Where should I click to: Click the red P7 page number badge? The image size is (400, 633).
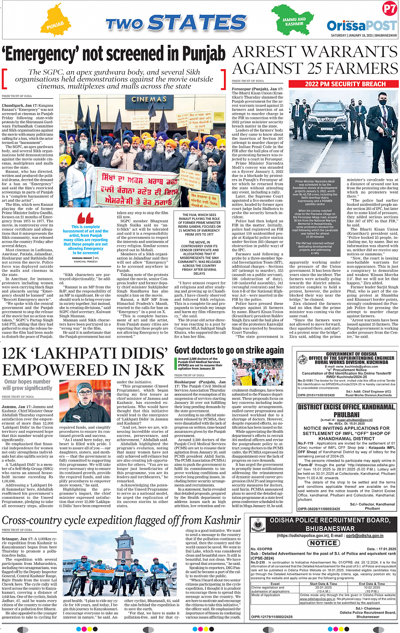[389, 9]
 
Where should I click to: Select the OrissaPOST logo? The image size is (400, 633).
[361, 25]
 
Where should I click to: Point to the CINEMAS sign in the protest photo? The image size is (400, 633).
[149, 99]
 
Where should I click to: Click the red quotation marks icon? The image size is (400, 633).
[86, 218]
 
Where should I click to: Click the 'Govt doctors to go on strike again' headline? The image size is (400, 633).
[229, 350]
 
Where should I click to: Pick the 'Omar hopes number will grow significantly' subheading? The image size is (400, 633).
[28, 384]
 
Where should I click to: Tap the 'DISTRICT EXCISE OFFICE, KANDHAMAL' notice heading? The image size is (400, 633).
[347, 407]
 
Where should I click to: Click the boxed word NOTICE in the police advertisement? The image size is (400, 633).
[323, 543]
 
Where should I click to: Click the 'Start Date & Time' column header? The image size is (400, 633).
[323, 584]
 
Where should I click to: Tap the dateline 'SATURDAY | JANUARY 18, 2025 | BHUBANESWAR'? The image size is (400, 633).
[364, 36]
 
